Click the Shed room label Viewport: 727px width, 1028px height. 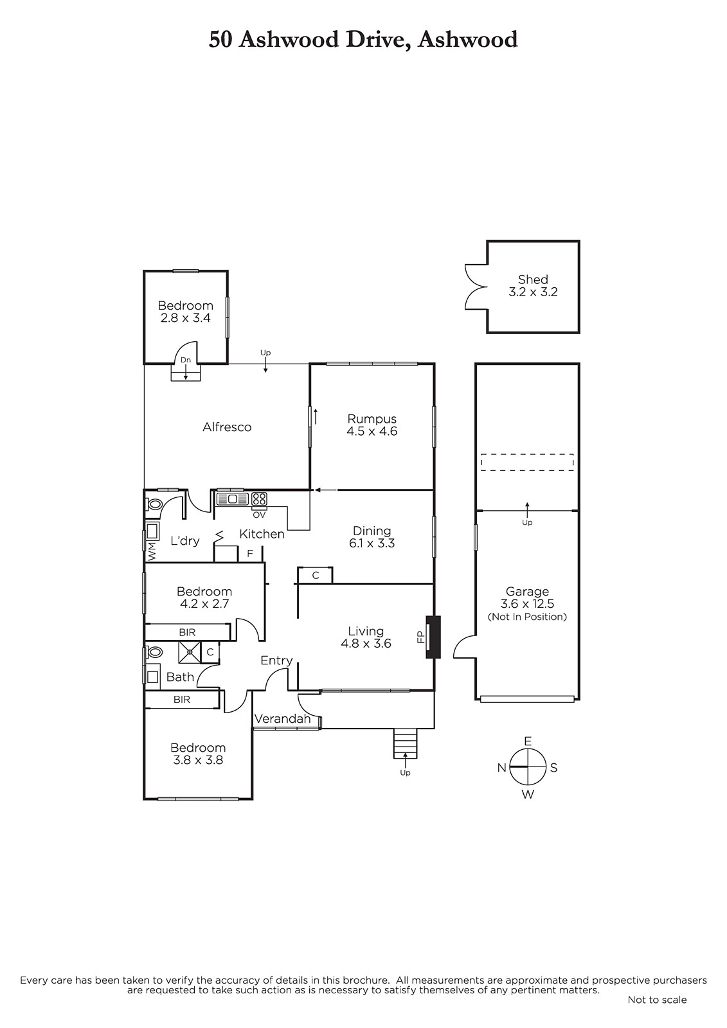(533, 279)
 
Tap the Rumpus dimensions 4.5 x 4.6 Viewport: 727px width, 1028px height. (372, 431)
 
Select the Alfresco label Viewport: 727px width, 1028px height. (227, 427)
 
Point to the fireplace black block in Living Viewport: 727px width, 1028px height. (433, 637)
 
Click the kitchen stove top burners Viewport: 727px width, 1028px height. (260, 499)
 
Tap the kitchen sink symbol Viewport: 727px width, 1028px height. (233, 499)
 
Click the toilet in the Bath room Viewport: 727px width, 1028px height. (155, 652)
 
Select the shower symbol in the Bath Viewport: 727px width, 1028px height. (189, 652)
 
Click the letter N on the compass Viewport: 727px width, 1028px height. (501, 767)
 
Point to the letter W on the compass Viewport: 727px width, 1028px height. (528, 794)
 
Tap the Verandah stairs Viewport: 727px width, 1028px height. (405, 743)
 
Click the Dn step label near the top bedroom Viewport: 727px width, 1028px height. (186, 360)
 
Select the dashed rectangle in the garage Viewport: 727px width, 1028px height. (527, 462)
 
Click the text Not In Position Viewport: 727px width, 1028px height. (527, 617)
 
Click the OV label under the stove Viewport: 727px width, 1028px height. (260, 515)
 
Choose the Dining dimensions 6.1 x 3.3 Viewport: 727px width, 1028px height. (372, 543)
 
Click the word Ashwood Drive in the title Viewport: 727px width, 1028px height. (324, 39)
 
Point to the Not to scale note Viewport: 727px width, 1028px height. (657, 1000)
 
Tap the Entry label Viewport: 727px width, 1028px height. (276, 660)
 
